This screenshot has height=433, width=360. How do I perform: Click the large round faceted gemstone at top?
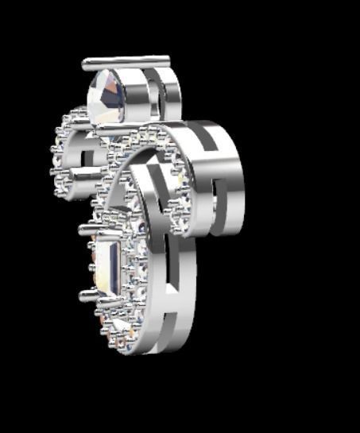(x=110, y=96)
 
